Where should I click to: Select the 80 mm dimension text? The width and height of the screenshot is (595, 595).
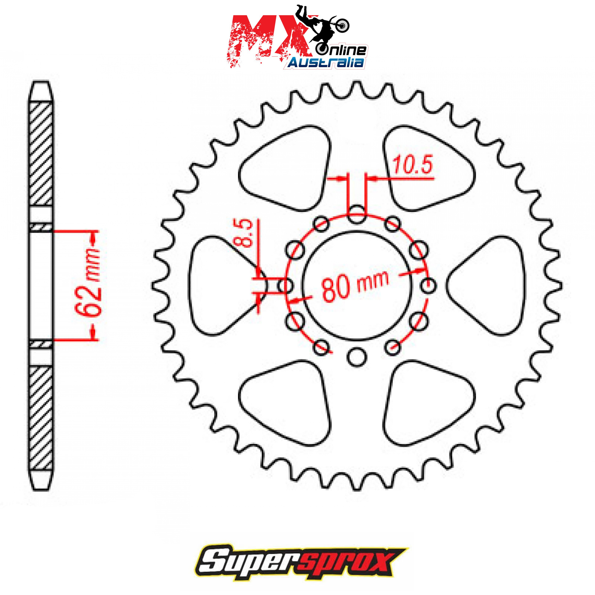355,285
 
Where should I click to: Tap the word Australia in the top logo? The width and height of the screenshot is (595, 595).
326,62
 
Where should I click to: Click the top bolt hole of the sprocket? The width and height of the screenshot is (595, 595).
357,214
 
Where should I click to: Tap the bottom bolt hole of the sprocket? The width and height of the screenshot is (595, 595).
357,357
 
